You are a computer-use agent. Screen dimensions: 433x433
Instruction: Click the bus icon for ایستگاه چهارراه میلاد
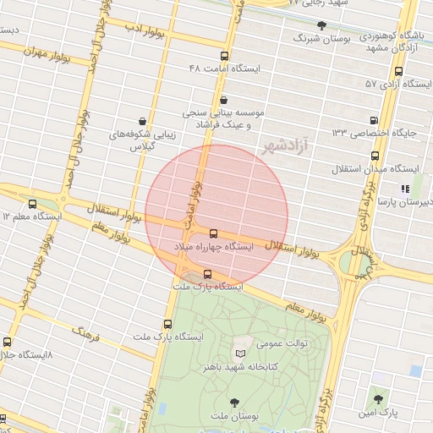212,233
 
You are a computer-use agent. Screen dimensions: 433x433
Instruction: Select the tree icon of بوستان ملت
233,403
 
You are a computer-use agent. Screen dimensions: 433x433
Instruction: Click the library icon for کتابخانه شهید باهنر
239,353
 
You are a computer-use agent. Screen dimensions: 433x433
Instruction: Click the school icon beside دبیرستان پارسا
406,189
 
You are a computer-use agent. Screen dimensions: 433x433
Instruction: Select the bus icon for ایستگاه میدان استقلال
375,156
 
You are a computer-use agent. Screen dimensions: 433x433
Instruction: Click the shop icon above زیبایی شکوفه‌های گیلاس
140,121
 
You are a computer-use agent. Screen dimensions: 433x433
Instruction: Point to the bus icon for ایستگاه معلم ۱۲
33,204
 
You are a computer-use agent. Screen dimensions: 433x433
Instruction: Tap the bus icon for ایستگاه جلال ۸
8,343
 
